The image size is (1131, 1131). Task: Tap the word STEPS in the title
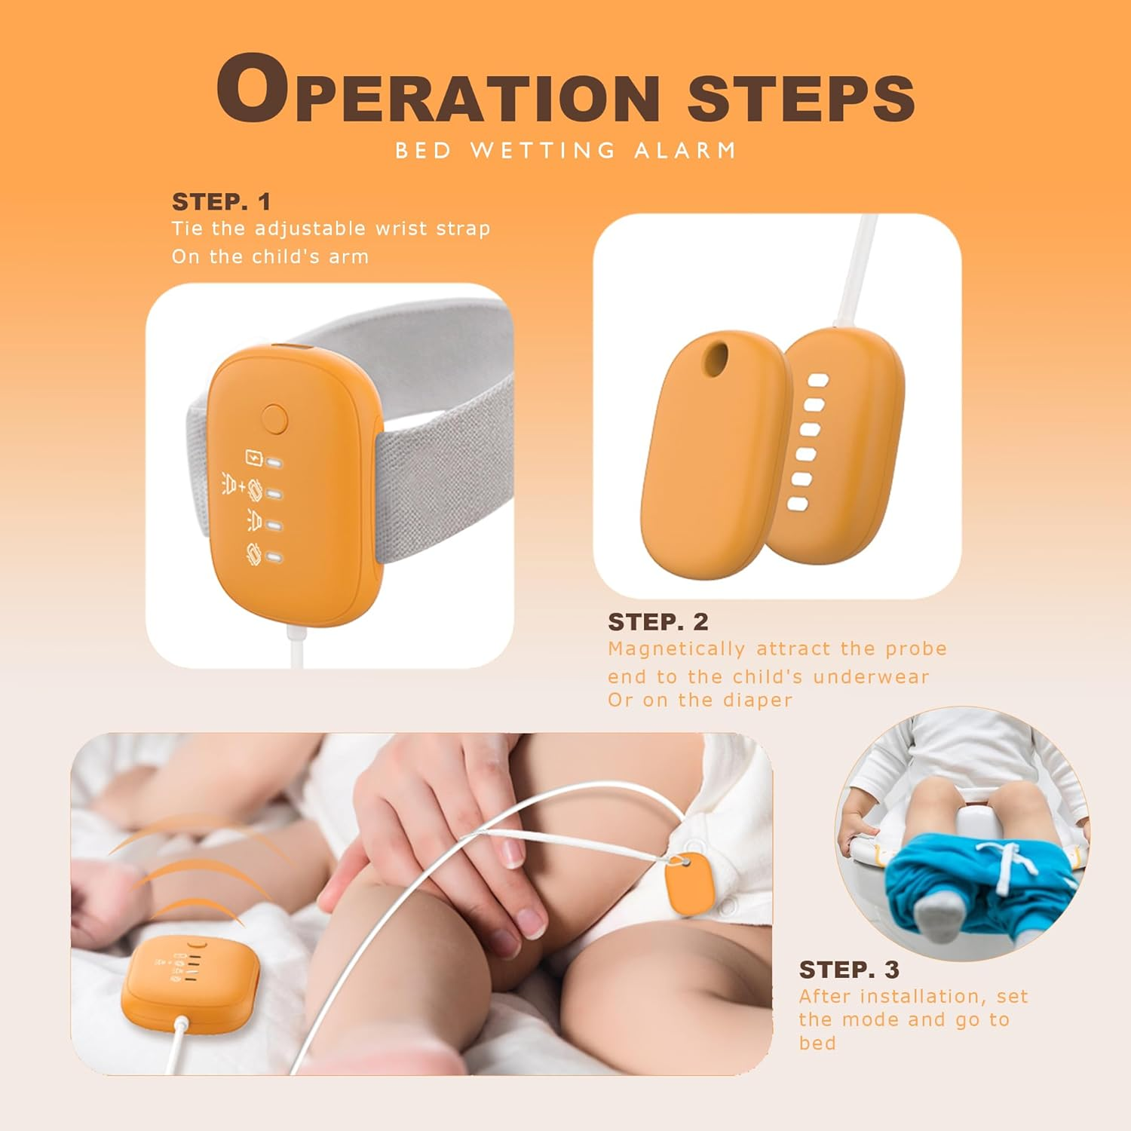[802, 98]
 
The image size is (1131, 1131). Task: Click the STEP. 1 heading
[221, 201]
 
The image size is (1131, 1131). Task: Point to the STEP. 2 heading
[658, 621]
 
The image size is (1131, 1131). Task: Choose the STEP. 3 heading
[849, 969]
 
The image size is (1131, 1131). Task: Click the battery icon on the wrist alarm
[254, 458]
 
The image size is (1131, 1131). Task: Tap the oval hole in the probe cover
[716, 360]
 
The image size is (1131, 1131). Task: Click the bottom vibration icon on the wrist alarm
[254, 554]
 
